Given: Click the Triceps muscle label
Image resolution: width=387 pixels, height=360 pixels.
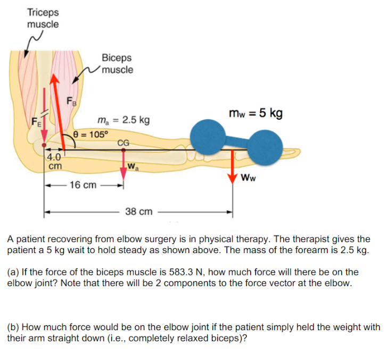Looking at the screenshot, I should point(43,18).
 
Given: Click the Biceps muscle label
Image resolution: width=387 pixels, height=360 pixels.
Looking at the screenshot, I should point(117,64).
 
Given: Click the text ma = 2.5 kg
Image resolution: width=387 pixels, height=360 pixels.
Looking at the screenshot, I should point(123,120).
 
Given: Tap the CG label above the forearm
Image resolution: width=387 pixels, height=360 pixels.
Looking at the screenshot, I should point(123,142).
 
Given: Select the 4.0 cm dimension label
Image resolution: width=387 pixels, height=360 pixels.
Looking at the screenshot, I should point(54,161).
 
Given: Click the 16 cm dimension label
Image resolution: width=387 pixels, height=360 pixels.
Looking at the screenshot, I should point(83,185).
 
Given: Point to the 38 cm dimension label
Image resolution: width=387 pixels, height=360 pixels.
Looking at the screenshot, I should point(139,212).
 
